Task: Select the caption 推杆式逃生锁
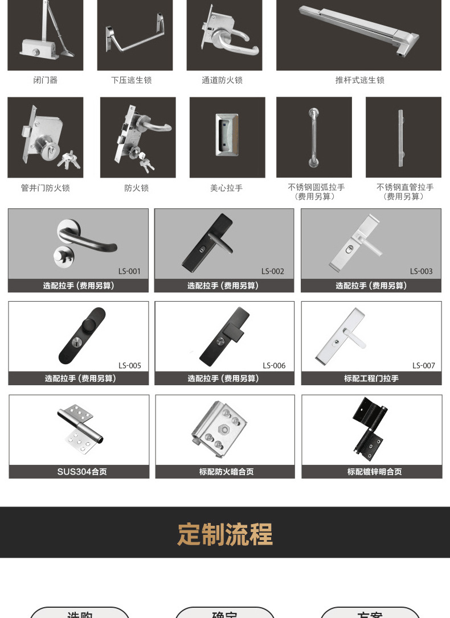[x=359, y=80]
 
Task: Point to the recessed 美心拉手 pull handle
[x=227, y=135]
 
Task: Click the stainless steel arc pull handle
[x=313, y=137]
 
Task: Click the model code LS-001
[x=129, y=271]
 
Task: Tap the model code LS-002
[x=273, y=271]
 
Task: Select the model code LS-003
[x=422, y=271]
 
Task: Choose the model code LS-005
[x=130, y=366]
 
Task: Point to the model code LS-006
[x=274, y=366]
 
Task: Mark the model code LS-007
[x=424, y=366]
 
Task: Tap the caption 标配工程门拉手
[x=371, y=378]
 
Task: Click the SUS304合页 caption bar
[x=79, y=472]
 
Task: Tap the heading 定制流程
[x=225, y=534]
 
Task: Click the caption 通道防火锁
[x=222, y=80]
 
